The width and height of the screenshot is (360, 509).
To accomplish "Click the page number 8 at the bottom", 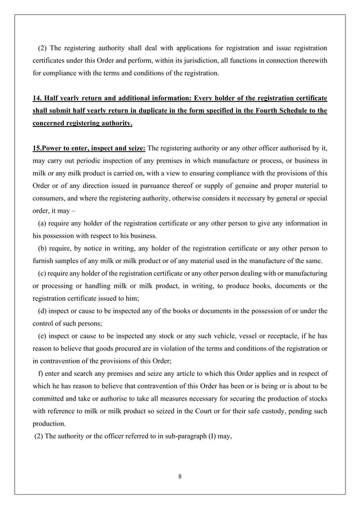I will [x=179, y=476].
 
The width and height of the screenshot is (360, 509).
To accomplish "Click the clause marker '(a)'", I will [x=42, y=225].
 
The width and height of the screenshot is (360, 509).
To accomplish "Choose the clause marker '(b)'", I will [x=42, y=249].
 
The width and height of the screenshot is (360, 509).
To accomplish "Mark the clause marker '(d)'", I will [x=42, y=310].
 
